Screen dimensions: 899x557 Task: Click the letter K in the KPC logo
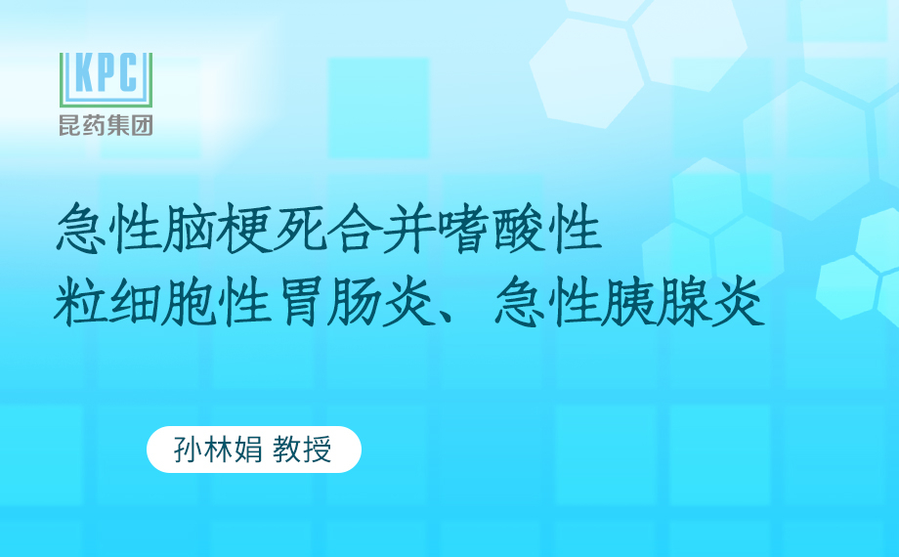[x=84, y=72]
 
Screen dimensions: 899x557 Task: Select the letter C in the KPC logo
[x=128, y=72]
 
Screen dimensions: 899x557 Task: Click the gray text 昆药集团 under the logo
[x=107, y=125]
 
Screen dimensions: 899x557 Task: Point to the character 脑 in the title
[x=190, y=230]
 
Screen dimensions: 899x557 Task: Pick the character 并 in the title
[x=408, y=230]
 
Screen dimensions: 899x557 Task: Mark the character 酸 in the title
[x=518, y=230]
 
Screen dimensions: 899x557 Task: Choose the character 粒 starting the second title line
[x=80, y=301]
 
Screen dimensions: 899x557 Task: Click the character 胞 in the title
[x=190, y=301]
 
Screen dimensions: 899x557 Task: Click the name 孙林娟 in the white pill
[x=219, y=450]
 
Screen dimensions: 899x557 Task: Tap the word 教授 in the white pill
[x=302, y=450]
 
